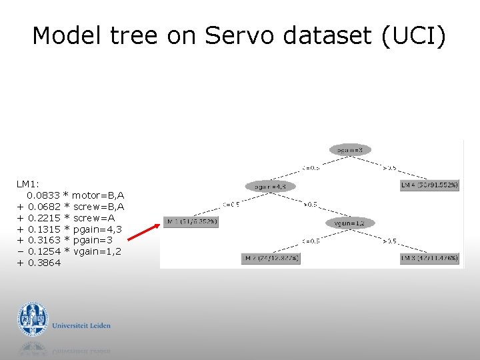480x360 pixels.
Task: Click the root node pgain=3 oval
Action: [x=350, y=150]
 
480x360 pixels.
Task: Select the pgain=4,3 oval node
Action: [x=271, y=187]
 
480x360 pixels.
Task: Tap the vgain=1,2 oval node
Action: [x=351, y=223]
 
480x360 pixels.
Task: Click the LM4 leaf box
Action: [x=429, y=185]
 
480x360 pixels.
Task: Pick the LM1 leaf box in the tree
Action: [x=191, y=221]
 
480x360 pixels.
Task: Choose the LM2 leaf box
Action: [x=271, y=258]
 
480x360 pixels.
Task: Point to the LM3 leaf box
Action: [x=429, y=258]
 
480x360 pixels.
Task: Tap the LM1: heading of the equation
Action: [x=28, y=183]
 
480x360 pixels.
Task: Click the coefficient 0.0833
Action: [x=43, y=195]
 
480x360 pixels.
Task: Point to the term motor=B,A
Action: [x=98, y=195]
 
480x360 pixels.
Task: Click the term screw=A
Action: [x=93, y=218]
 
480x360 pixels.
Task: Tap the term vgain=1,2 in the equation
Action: [x=97, y=251]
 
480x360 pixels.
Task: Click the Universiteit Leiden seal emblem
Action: [x=33, y=319]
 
